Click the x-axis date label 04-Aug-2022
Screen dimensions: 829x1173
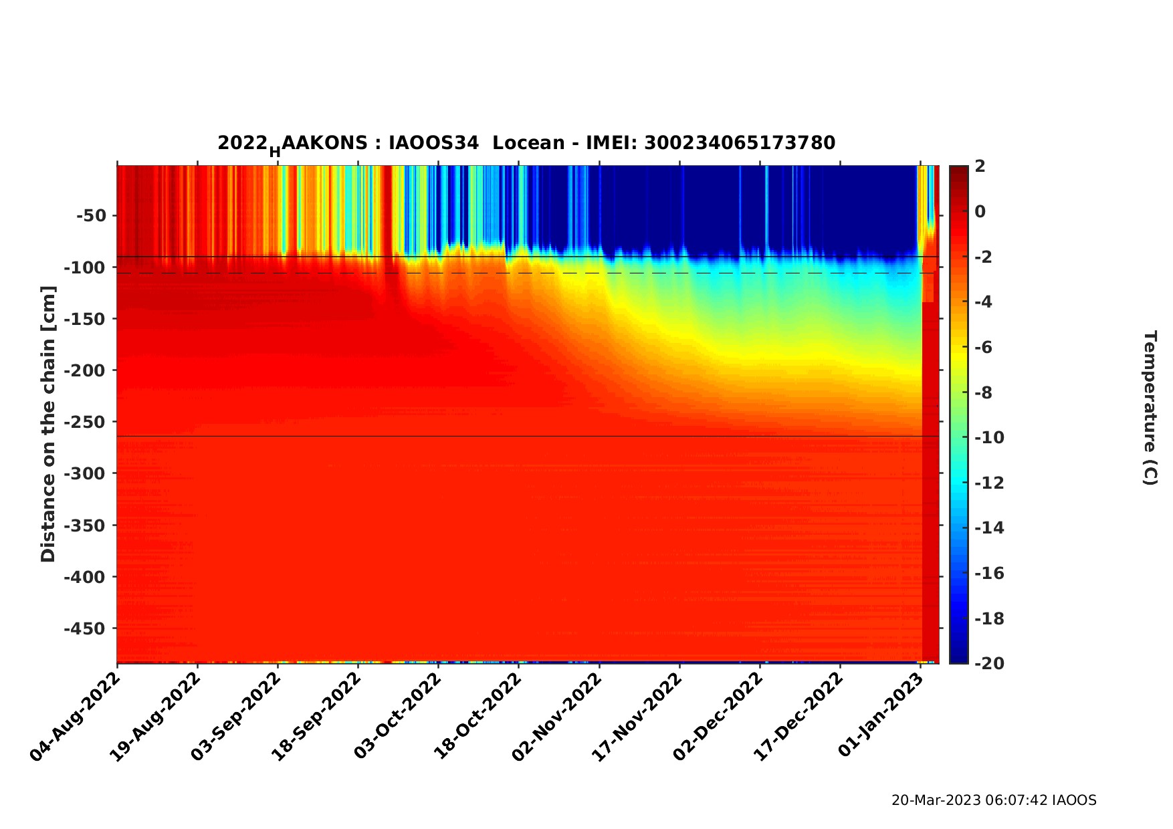tap(75, 716)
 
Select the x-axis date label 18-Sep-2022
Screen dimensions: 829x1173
tap(316, 716)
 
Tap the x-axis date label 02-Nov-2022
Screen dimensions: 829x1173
tap(557, 716)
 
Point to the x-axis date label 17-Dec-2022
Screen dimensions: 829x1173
tap(798, 716)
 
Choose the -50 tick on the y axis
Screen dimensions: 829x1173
tap(91, 216)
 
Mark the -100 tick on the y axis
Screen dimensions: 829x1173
tap(85, 268)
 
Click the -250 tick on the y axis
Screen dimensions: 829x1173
tap(85, 423)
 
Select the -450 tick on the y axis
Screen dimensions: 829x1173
tap(85, 629)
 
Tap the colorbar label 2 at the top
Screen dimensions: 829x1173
tap(980, 166)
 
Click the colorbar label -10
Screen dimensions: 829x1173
tap(989, 438)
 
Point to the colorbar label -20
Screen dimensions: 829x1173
tap(989, 663)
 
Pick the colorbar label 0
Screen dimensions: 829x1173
tap(980, 212)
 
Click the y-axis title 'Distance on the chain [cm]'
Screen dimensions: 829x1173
tap(48, 424)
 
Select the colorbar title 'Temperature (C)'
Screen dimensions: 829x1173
tap(1150, 408)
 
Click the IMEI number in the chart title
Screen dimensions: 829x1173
tap(740, 143)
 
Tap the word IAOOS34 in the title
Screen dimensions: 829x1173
tap(433, 143)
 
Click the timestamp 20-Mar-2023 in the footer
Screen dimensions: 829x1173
tap(936, 800)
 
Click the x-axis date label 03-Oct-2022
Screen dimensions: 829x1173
tap(397, 716)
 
